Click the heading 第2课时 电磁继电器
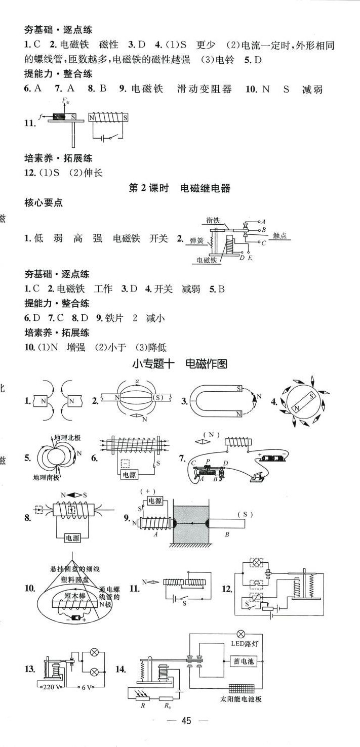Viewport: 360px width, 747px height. [180, 188]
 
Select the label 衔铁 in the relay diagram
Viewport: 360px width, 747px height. [213, 220]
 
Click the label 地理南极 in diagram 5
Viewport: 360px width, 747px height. [47, 477]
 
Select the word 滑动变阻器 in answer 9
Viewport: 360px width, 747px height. [205, 89]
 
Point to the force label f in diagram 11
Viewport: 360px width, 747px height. [39, 116]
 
